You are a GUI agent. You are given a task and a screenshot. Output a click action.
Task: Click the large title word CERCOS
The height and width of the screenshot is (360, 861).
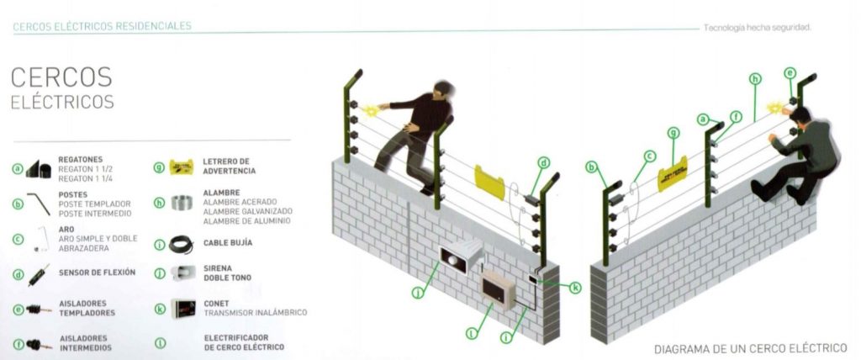(61, 77)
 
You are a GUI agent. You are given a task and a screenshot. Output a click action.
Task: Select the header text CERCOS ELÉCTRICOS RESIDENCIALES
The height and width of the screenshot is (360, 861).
(102, 26)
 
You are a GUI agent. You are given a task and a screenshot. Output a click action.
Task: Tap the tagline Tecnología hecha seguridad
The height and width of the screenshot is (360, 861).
(758, 28)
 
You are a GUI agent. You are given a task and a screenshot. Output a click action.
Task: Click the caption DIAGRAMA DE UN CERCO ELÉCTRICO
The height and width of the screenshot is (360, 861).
(750, 348)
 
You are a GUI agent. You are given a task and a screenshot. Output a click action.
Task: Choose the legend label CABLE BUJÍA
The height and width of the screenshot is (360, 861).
(227, 242)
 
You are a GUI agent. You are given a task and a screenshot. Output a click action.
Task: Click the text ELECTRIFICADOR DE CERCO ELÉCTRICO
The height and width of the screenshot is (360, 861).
(243, 341)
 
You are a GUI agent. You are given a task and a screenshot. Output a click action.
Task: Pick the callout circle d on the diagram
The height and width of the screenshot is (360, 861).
(544, 162)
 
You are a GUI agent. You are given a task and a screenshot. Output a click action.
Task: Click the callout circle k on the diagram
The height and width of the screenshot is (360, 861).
(576, 288)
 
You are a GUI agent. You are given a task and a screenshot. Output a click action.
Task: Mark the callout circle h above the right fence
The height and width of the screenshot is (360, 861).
(754, 78)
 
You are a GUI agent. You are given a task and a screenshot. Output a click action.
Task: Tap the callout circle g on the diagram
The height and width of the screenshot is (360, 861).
(673, 133)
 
